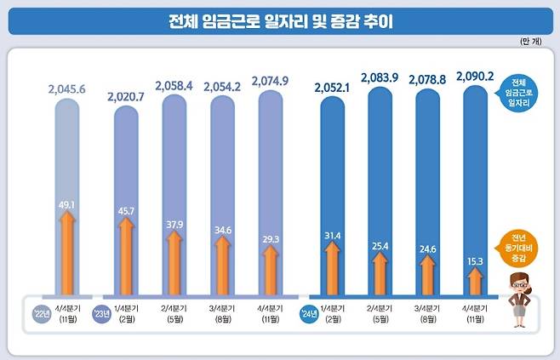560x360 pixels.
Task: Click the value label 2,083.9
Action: pos(388,77)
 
